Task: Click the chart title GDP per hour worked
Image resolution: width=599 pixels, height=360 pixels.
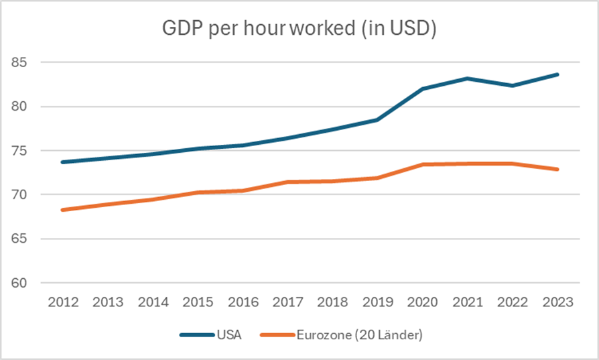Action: point(299,30)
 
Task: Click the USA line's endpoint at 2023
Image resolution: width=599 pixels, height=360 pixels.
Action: point(558,74)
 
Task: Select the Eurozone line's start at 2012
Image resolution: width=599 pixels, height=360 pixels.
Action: point(63,210)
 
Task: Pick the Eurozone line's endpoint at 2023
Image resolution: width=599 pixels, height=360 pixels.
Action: point(558,169)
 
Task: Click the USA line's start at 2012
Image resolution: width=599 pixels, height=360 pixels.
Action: point(63,162)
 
